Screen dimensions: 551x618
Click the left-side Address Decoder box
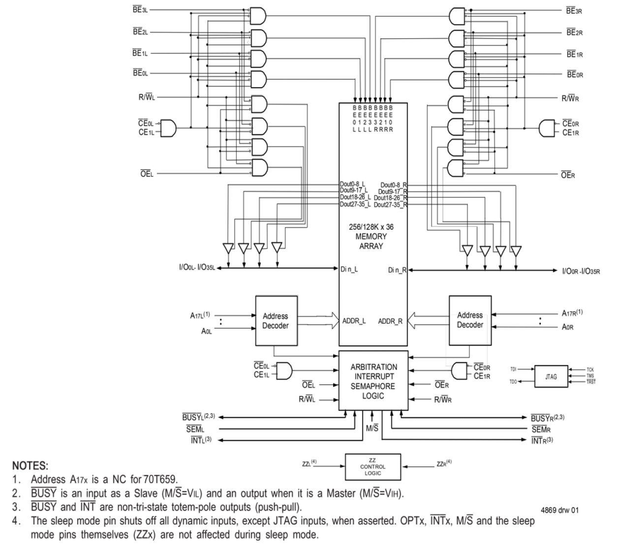pos(276,321)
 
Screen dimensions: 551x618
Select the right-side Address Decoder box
pos(469,320)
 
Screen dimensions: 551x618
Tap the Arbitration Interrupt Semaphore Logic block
pos(373,381)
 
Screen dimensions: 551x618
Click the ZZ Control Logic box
pos(373,466)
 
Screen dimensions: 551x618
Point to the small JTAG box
pos(551,376)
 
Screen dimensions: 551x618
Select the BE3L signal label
pos(140,10)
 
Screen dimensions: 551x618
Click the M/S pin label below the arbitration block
pos(371,428)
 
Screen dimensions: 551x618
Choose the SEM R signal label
pos(540,429)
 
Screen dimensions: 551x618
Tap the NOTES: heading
pos(30,465)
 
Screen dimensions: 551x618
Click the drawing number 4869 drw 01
pos(559,510)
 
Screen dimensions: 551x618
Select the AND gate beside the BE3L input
pos(258,16)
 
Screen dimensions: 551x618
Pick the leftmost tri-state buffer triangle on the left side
pos(228,248)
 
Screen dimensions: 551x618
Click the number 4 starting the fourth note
pos(15,520)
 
